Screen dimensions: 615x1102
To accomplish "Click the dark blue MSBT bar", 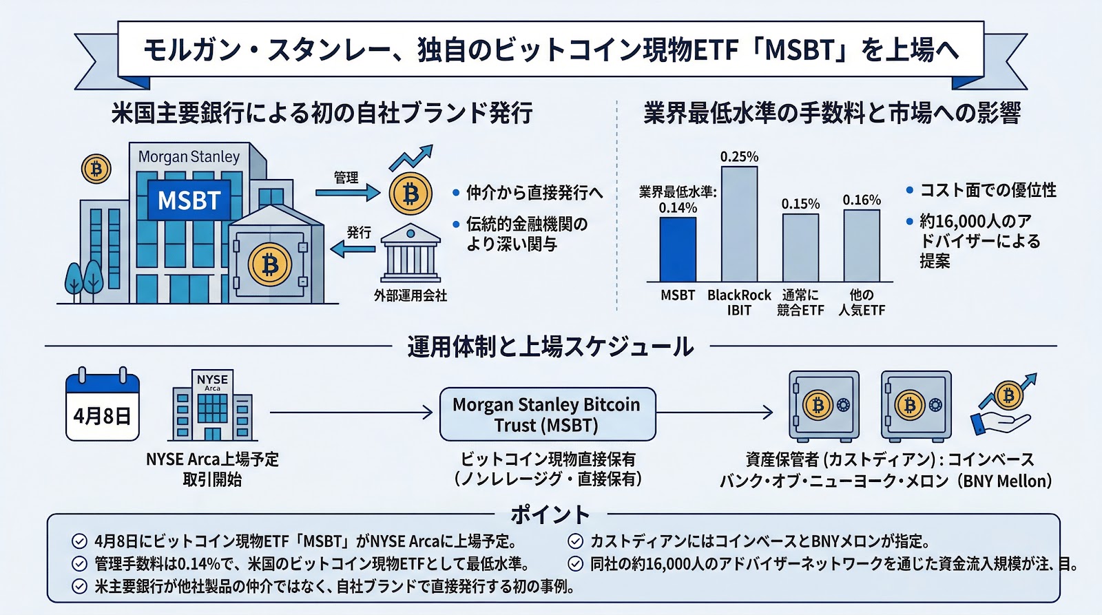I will point(678,249).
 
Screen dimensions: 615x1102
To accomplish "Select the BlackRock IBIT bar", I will point(739,224).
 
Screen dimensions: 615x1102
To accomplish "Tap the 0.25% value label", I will point(739,157).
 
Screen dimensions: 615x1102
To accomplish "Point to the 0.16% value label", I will point(862,200).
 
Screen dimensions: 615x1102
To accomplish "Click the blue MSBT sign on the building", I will point(189,200).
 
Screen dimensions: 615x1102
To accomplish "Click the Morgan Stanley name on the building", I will point(189,157).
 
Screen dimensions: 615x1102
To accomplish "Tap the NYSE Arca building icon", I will point(212,406).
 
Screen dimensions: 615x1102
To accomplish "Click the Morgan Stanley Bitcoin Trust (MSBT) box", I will point(547,414).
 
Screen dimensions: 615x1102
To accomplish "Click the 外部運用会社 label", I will point(410,295).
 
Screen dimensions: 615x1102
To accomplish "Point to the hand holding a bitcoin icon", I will point(1003,406).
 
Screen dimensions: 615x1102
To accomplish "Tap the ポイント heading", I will point(550,514).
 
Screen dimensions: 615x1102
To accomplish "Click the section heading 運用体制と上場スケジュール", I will point(550,346).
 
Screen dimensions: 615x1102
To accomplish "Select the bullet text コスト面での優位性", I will point(988,190).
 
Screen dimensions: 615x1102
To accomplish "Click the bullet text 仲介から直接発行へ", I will point(534,193).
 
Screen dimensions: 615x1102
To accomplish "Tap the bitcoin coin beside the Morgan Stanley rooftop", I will point(96,169).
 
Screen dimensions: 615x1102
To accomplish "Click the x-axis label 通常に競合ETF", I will point(800,302).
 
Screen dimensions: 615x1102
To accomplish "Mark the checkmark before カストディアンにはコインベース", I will point(576,541).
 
